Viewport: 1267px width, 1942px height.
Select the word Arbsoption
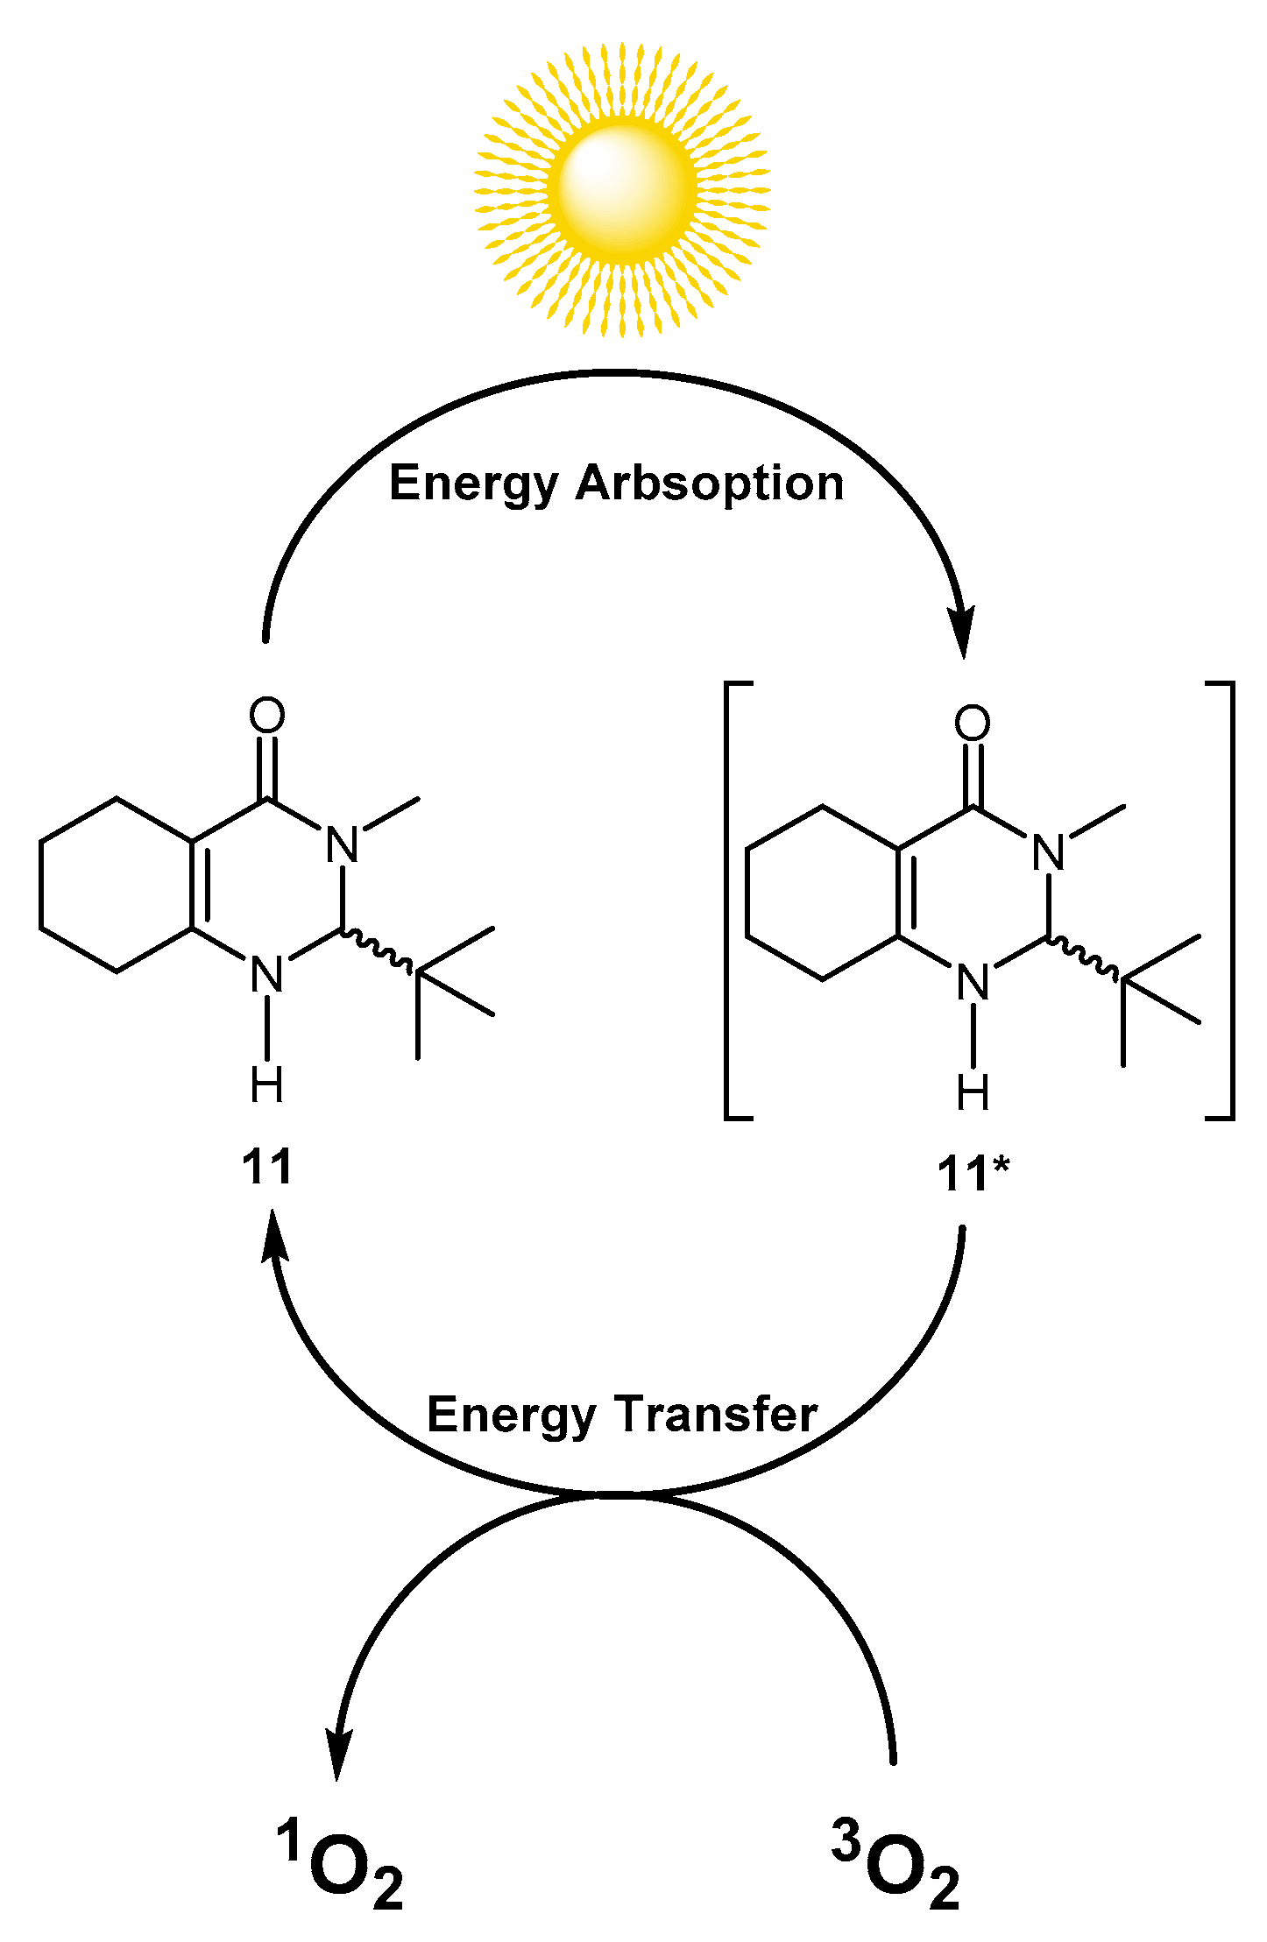709,484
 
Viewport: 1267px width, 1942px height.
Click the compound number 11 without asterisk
266,1168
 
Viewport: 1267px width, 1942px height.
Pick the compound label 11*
973,1174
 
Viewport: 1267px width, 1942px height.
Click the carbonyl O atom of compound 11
266,716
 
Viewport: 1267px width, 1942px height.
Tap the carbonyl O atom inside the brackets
972,724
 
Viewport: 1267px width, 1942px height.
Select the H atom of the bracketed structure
973,1092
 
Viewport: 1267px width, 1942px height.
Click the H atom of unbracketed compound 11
266,1085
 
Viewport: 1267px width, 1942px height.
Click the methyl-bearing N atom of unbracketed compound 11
343,845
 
